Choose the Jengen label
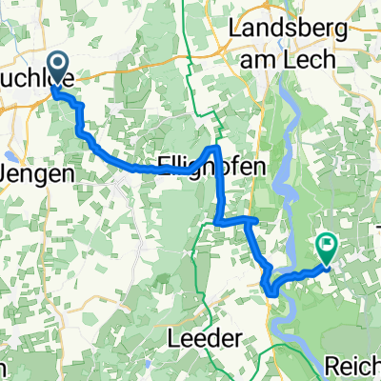point(27,174)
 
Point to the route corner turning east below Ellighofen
point(221,222)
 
